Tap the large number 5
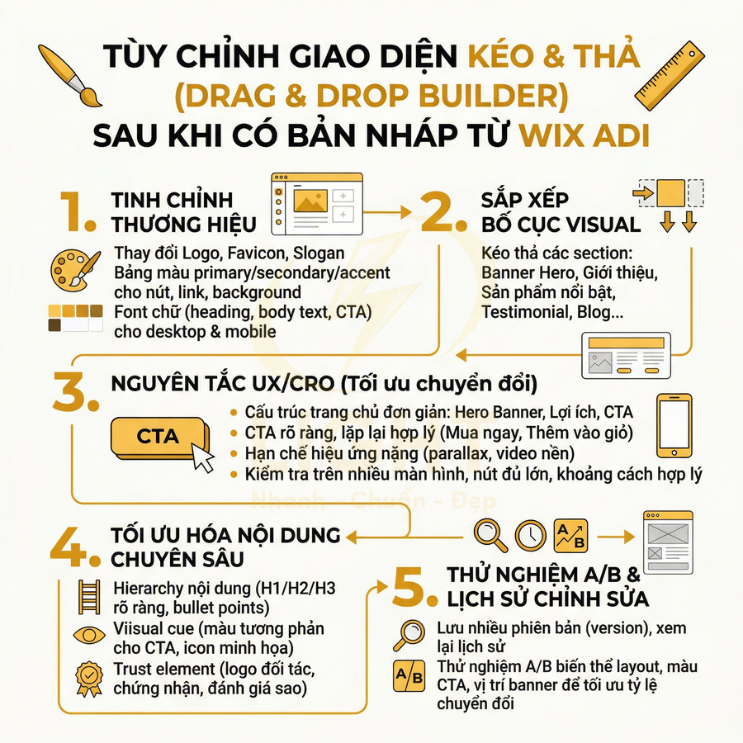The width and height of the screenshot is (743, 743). pyautogui.click(x=414, y=587)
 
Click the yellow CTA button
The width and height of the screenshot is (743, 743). pyautogui.click(x=157, y=437)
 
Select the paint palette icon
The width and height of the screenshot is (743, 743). pyautogui.click(x=73, y=269)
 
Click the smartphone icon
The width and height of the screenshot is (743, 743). pyautogui.click(x=674, y=426)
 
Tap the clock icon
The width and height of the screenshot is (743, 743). pyautogui.click(x=531, y=534)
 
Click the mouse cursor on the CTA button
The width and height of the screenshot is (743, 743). pyautogui.click(x=202, y=457)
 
